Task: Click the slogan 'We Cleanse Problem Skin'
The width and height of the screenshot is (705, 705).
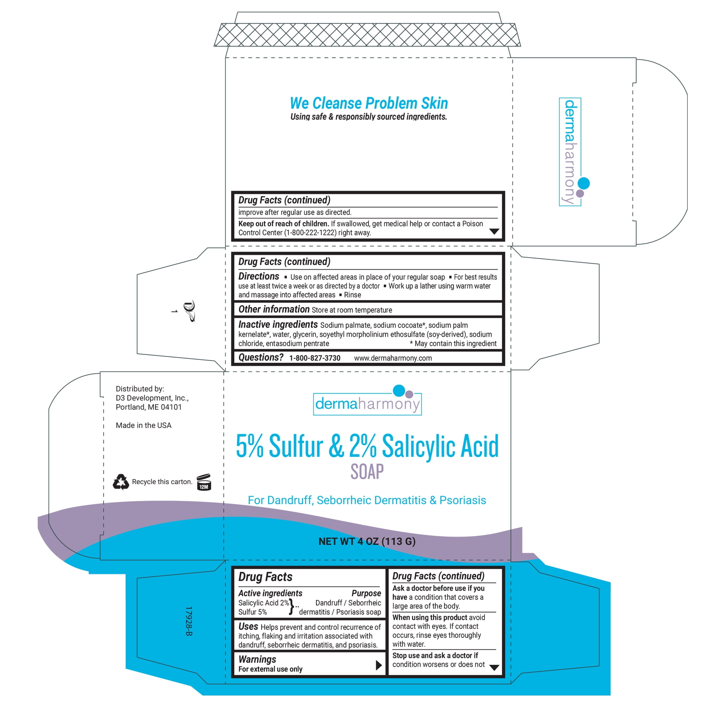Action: coord(369,103)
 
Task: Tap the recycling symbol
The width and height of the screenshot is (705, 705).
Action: coord(121,482)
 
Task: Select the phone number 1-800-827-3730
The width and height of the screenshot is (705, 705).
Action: coord(314,358)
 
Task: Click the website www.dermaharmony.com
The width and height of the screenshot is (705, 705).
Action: coord(393,358)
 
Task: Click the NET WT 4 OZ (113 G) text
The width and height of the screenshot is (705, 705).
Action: coord(367,541)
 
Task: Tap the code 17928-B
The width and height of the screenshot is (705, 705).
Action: coord(188,621)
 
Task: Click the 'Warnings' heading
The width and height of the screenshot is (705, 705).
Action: coord(257,659)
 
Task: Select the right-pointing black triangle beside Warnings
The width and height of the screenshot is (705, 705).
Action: coord(379,665)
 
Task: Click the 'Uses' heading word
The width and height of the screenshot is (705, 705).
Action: coord(248,626)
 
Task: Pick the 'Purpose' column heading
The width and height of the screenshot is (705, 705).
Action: coord(366,593)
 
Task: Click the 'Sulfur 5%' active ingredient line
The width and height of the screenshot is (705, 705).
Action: coord(252,612)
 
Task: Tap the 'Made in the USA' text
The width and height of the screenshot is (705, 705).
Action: coord(143,425)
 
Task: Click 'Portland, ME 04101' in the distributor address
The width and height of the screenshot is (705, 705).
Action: coord(148,407)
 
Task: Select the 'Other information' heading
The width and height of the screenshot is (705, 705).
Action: coord(274,309)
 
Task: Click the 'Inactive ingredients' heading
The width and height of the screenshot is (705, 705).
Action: coord(278,324)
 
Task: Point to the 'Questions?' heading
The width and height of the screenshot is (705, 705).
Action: coord(261,357)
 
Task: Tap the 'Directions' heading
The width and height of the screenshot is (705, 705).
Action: coord(259,276)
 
